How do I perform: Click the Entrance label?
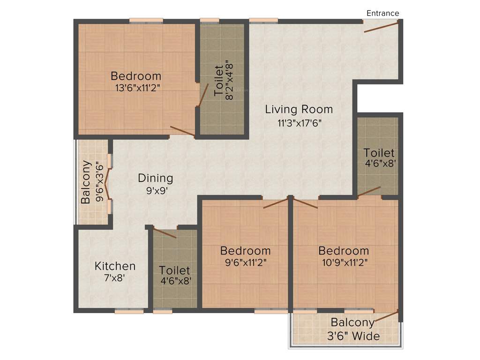[382, 13]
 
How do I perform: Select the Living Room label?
[299, 110]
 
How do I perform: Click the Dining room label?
[155, 179]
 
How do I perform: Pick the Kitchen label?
[115, 266]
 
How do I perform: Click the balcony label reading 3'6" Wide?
[355, 336]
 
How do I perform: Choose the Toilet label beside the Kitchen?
[174, 270]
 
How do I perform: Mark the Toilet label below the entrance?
[379, 153]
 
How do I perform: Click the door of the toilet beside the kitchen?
[165, 234]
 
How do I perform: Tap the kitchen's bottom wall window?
[129, 310]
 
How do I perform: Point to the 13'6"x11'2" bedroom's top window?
[146, 21]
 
